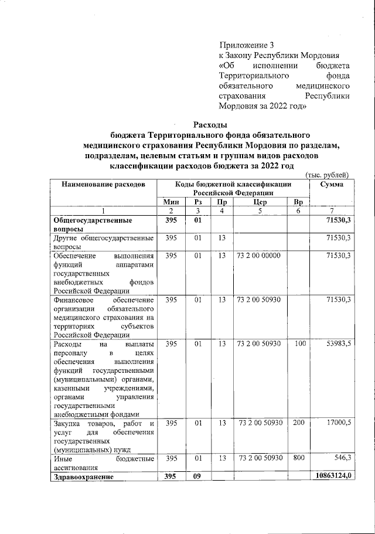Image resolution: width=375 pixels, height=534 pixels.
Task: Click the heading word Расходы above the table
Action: pyautogui.click(x=210, y=125)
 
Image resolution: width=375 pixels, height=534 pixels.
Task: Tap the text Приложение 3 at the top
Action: pyautogui.click(x=247, y=45)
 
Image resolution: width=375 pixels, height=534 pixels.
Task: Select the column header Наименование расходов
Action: pyautogui.click(x=104, y=185)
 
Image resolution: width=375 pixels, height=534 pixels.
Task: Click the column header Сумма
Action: pyautogui.click(x=332, y=185)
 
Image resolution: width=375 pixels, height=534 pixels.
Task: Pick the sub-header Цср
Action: pyautogui.click(x=260, y=202)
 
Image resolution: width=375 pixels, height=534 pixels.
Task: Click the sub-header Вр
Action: pyautogui.click(x=298, y=202)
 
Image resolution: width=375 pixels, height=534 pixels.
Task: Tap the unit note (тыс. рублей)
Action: pyautogui.click(x=328, y=175)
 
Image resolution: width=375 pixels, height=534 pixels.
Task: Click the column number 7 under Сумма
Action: pyautogui.click(x=332, y=211)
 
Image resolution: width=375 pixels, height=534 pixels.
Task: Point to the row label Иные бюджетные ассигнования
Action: pyautogui.click(x=104, y=462)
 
